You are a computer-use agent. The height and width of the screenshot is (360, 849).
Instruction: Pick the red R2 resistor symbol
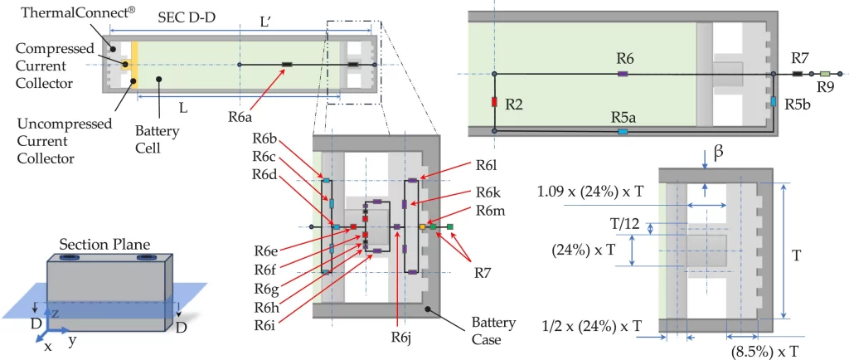(x=493, y=103)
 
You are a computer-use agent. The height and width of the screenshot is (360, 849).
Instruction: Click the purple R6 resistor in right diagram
(x=623, y=75)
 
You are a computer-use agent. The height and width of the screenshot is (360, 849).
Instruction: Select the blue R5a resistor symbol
(x=623, y=131)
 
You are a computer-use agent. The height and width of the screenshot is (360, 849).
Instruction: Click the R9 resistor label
(x=825, y=85)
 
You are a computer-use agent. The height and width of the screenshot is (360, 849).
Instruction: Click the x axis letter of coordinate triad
(x=47, y=346)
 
